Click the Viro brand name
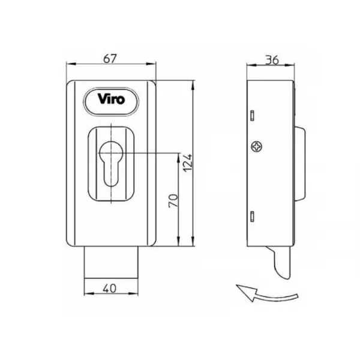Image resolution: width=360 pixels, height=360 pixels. tap(112, 99)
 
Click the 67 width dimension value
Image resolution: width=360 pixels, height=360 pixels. tap(110, 59)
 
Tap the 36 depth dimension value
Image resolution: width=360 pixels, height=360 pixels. tap(272, 60)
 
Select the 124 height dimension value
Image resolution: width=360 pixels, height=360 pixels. tap(188, 163)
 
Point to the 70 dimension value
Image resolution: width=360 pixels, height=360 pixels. tap(173, 201)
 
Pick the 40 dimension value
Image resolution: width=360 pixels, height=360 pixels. tap(110, 289)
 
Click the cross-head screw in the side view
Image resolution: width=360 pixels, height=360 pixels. tap(257, 146)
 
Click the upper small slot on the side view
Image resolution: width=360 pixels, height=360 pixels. tap(252, 115)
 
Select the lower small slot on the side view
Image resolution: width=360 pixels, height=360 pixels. tap(252, 216)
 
